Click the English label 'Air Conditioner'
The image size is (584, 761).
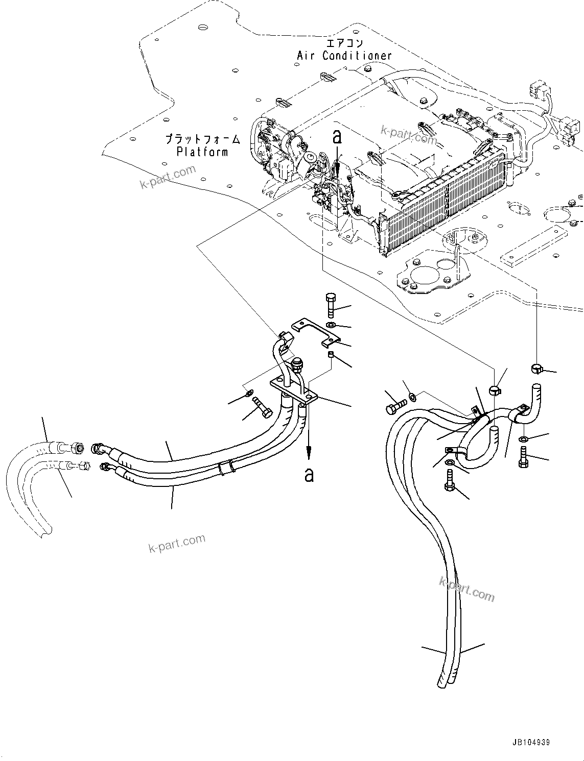344,56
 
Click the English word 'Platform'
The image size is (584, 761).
202,152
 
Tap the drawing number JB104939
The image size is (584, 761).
529,743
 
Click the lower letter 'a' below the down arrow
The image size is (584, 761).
309,475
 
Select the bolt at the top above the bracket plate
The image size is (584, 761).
330,305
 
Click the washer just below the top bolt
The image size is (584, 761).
331,325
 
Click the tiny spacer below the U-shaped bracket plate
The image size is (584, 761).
331,354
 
